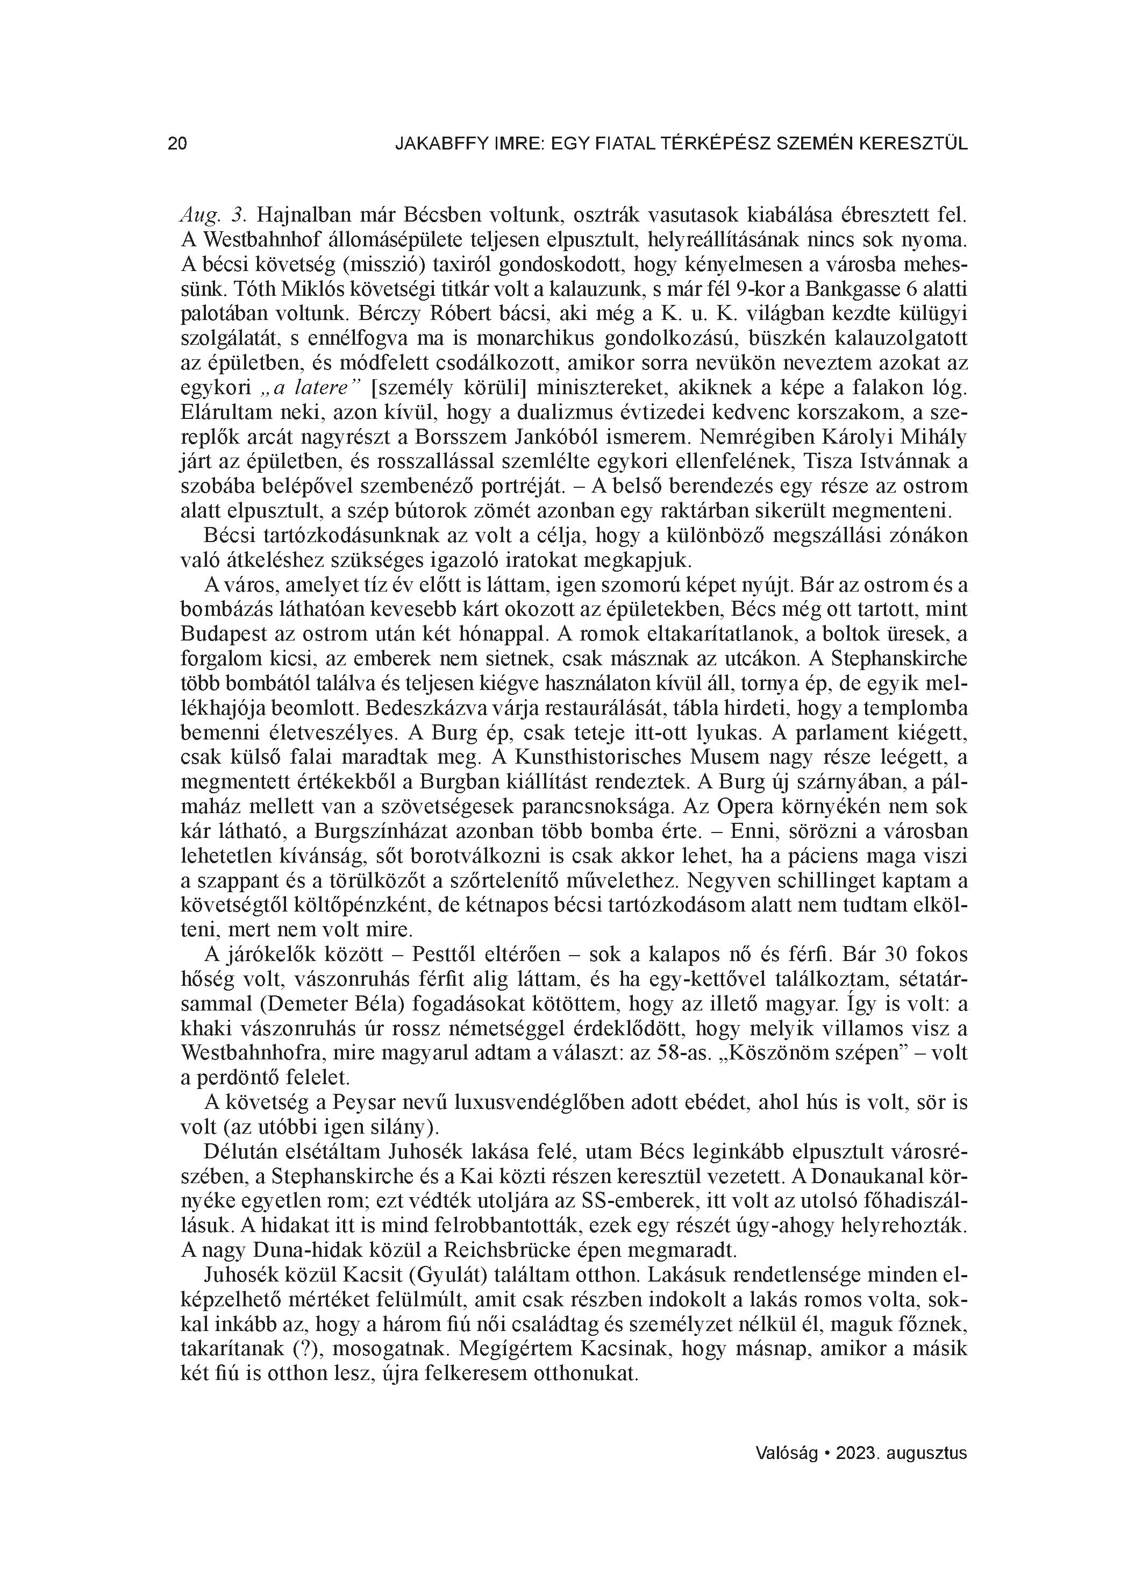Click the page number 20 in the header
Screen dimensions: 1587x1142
[177, 144]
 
